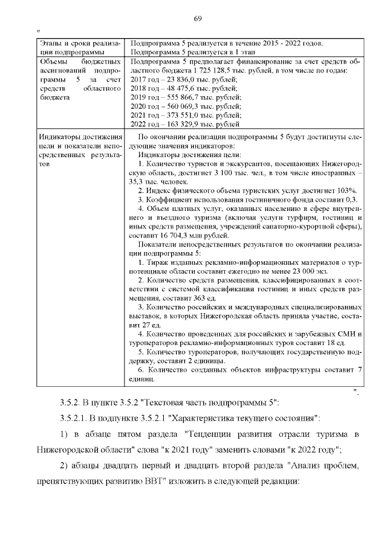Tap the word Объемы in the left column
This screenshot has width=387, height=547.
(54, 62)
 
